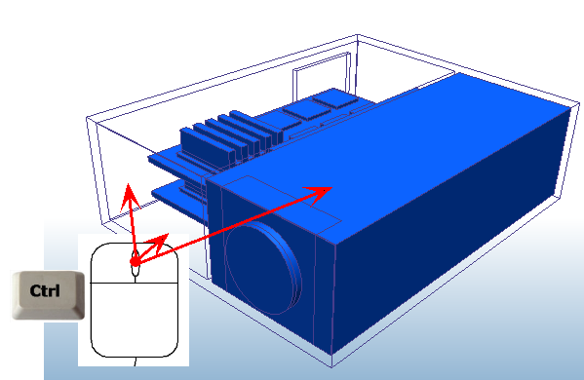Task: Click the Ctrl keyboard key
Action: (46, 292)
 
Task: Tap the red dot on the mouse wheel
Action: (135, 261)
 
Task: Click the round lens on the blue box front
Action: (260, 265)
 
